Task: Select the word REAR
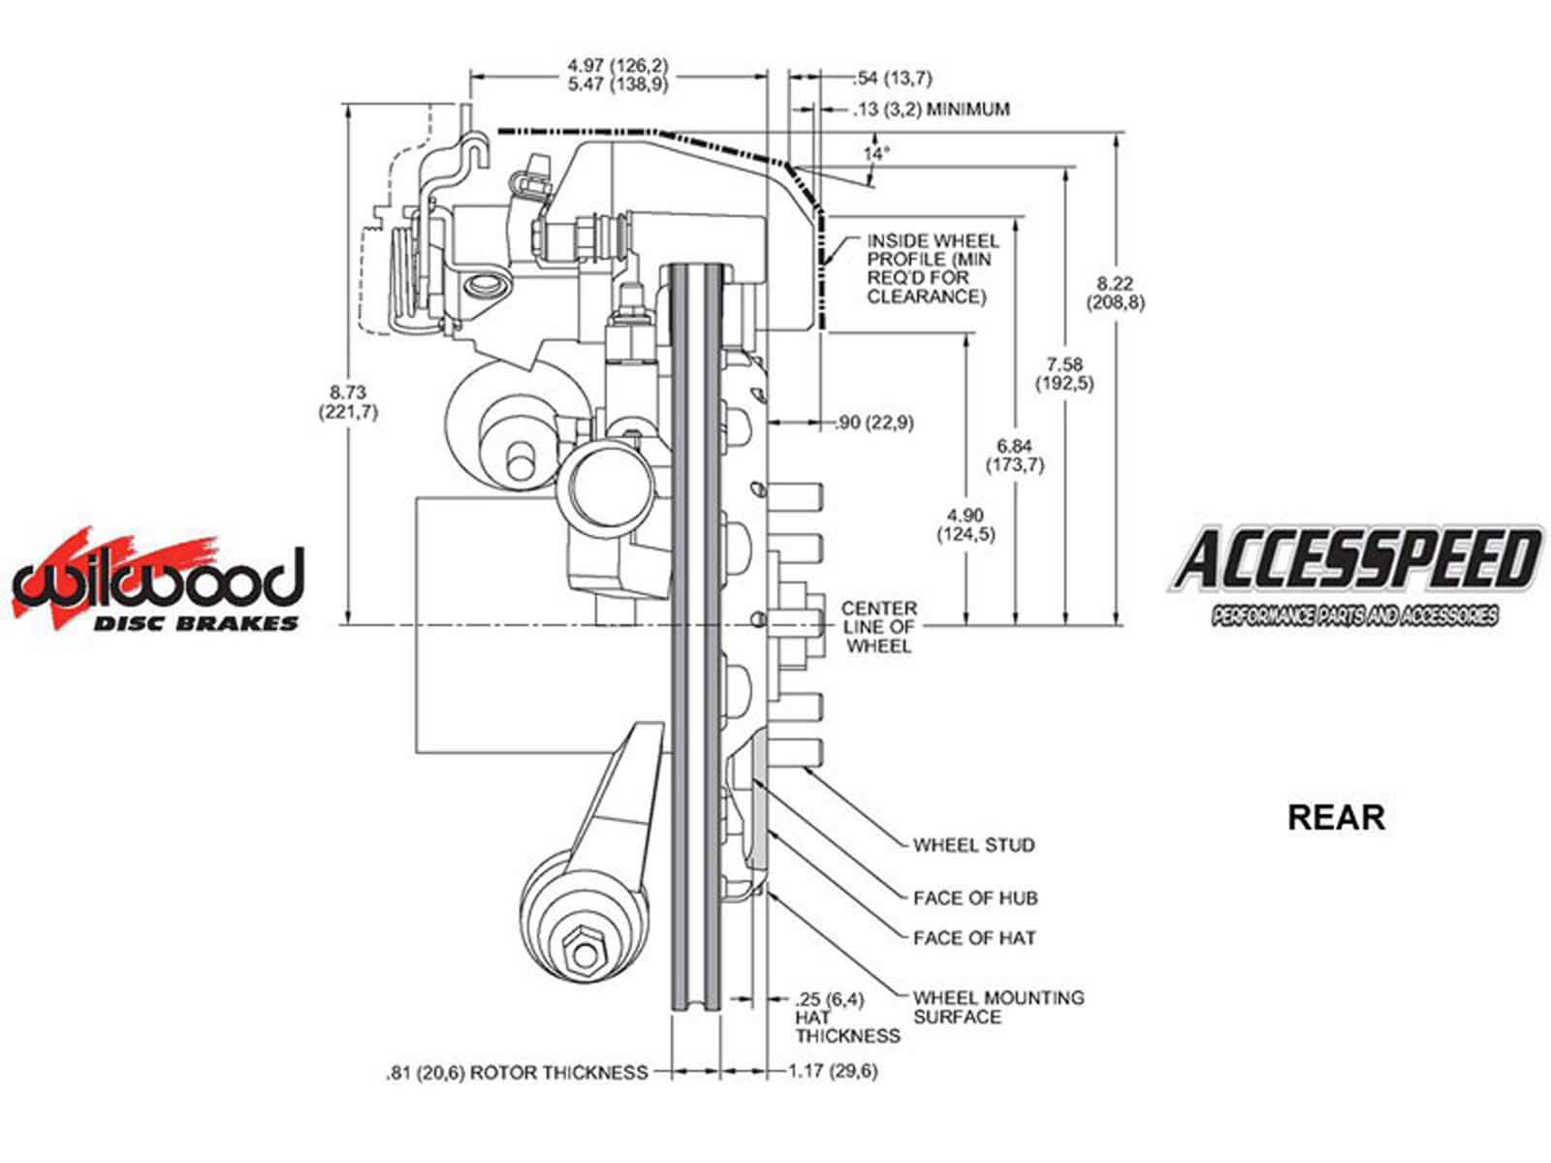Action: [1335, 817]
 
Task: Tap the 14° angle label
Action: [876, 153]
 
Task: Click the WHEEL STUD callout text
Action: [973, 845]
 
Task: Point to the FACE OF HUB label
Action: [974, 898]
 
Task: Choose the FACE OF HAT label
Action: [973, 938]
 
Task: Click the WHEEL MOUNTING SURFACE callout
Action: [997, 1007]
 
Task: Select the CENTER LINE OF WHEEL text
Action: [878, 627]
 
